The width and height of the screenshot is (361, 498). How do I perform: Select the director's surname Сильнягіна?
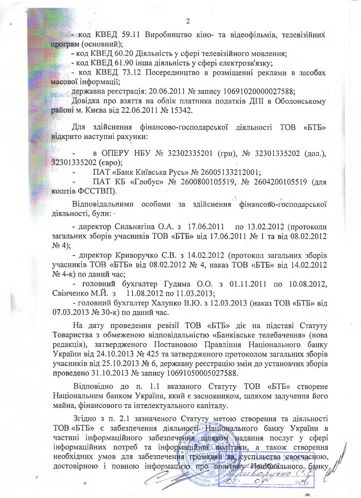coord(134,227)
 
